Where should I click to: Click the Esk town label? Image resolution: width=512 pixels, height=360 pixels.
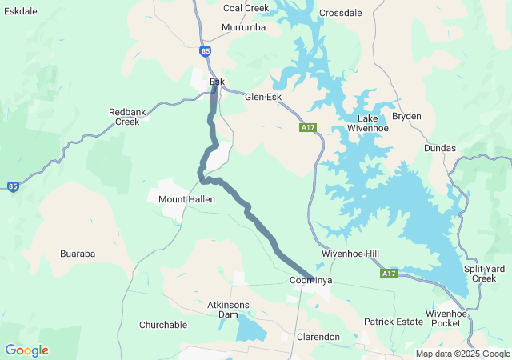(217, 82)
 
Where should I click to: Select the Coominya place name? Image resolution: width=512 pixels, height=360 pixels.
(310, 281)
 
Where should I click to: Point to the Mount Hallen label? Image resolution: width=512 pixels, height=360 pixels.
(186, 199)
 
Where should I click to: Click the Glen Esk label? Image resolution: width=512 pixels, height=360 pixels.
(263, 97)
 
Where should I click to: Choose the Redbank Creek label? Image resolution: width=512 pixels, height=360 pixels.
(127, 117)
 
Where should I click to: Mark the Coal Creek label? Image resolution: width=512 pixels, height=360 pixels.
(246, 8)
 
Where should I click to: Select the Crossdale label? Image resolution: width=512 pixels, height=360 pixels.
(340, 13)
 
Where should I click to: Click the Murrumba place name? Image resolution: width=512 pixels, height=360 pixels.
(243, 27)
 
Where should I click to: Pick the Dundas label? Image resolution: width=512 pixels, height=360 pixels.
(440, 148)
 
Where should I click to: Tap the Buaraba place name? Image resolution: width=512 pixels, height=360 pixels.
(78, 254)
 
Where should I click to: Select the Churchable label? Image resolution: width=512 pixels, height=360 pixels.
(162, 325)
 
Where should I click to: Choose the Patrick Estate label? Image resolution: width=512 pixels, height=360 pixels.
(393, 322)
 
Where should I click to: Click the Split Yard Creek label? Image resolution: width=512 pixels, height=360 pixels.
(485, 274)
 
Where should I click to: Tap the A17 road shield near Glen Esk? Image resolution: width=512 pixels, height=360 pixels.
(309, 128)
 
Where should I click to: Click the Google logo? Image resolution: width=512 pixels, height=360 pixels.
(26, 350)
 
